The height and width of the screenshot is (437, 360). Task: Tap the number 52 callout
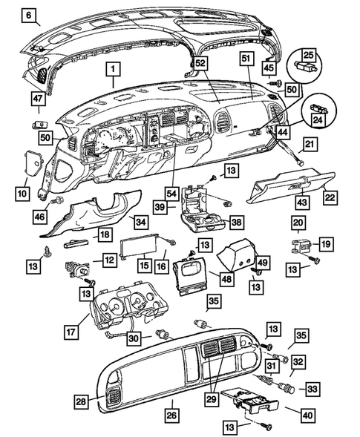200,65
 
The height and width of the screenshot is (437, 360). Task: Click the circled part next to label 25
304,65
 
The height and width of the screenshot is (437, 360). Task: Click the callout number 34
140,220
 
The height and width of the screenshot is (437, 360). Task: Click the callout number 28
81,401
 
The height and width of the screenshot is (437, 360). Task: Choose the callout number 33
312,387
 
